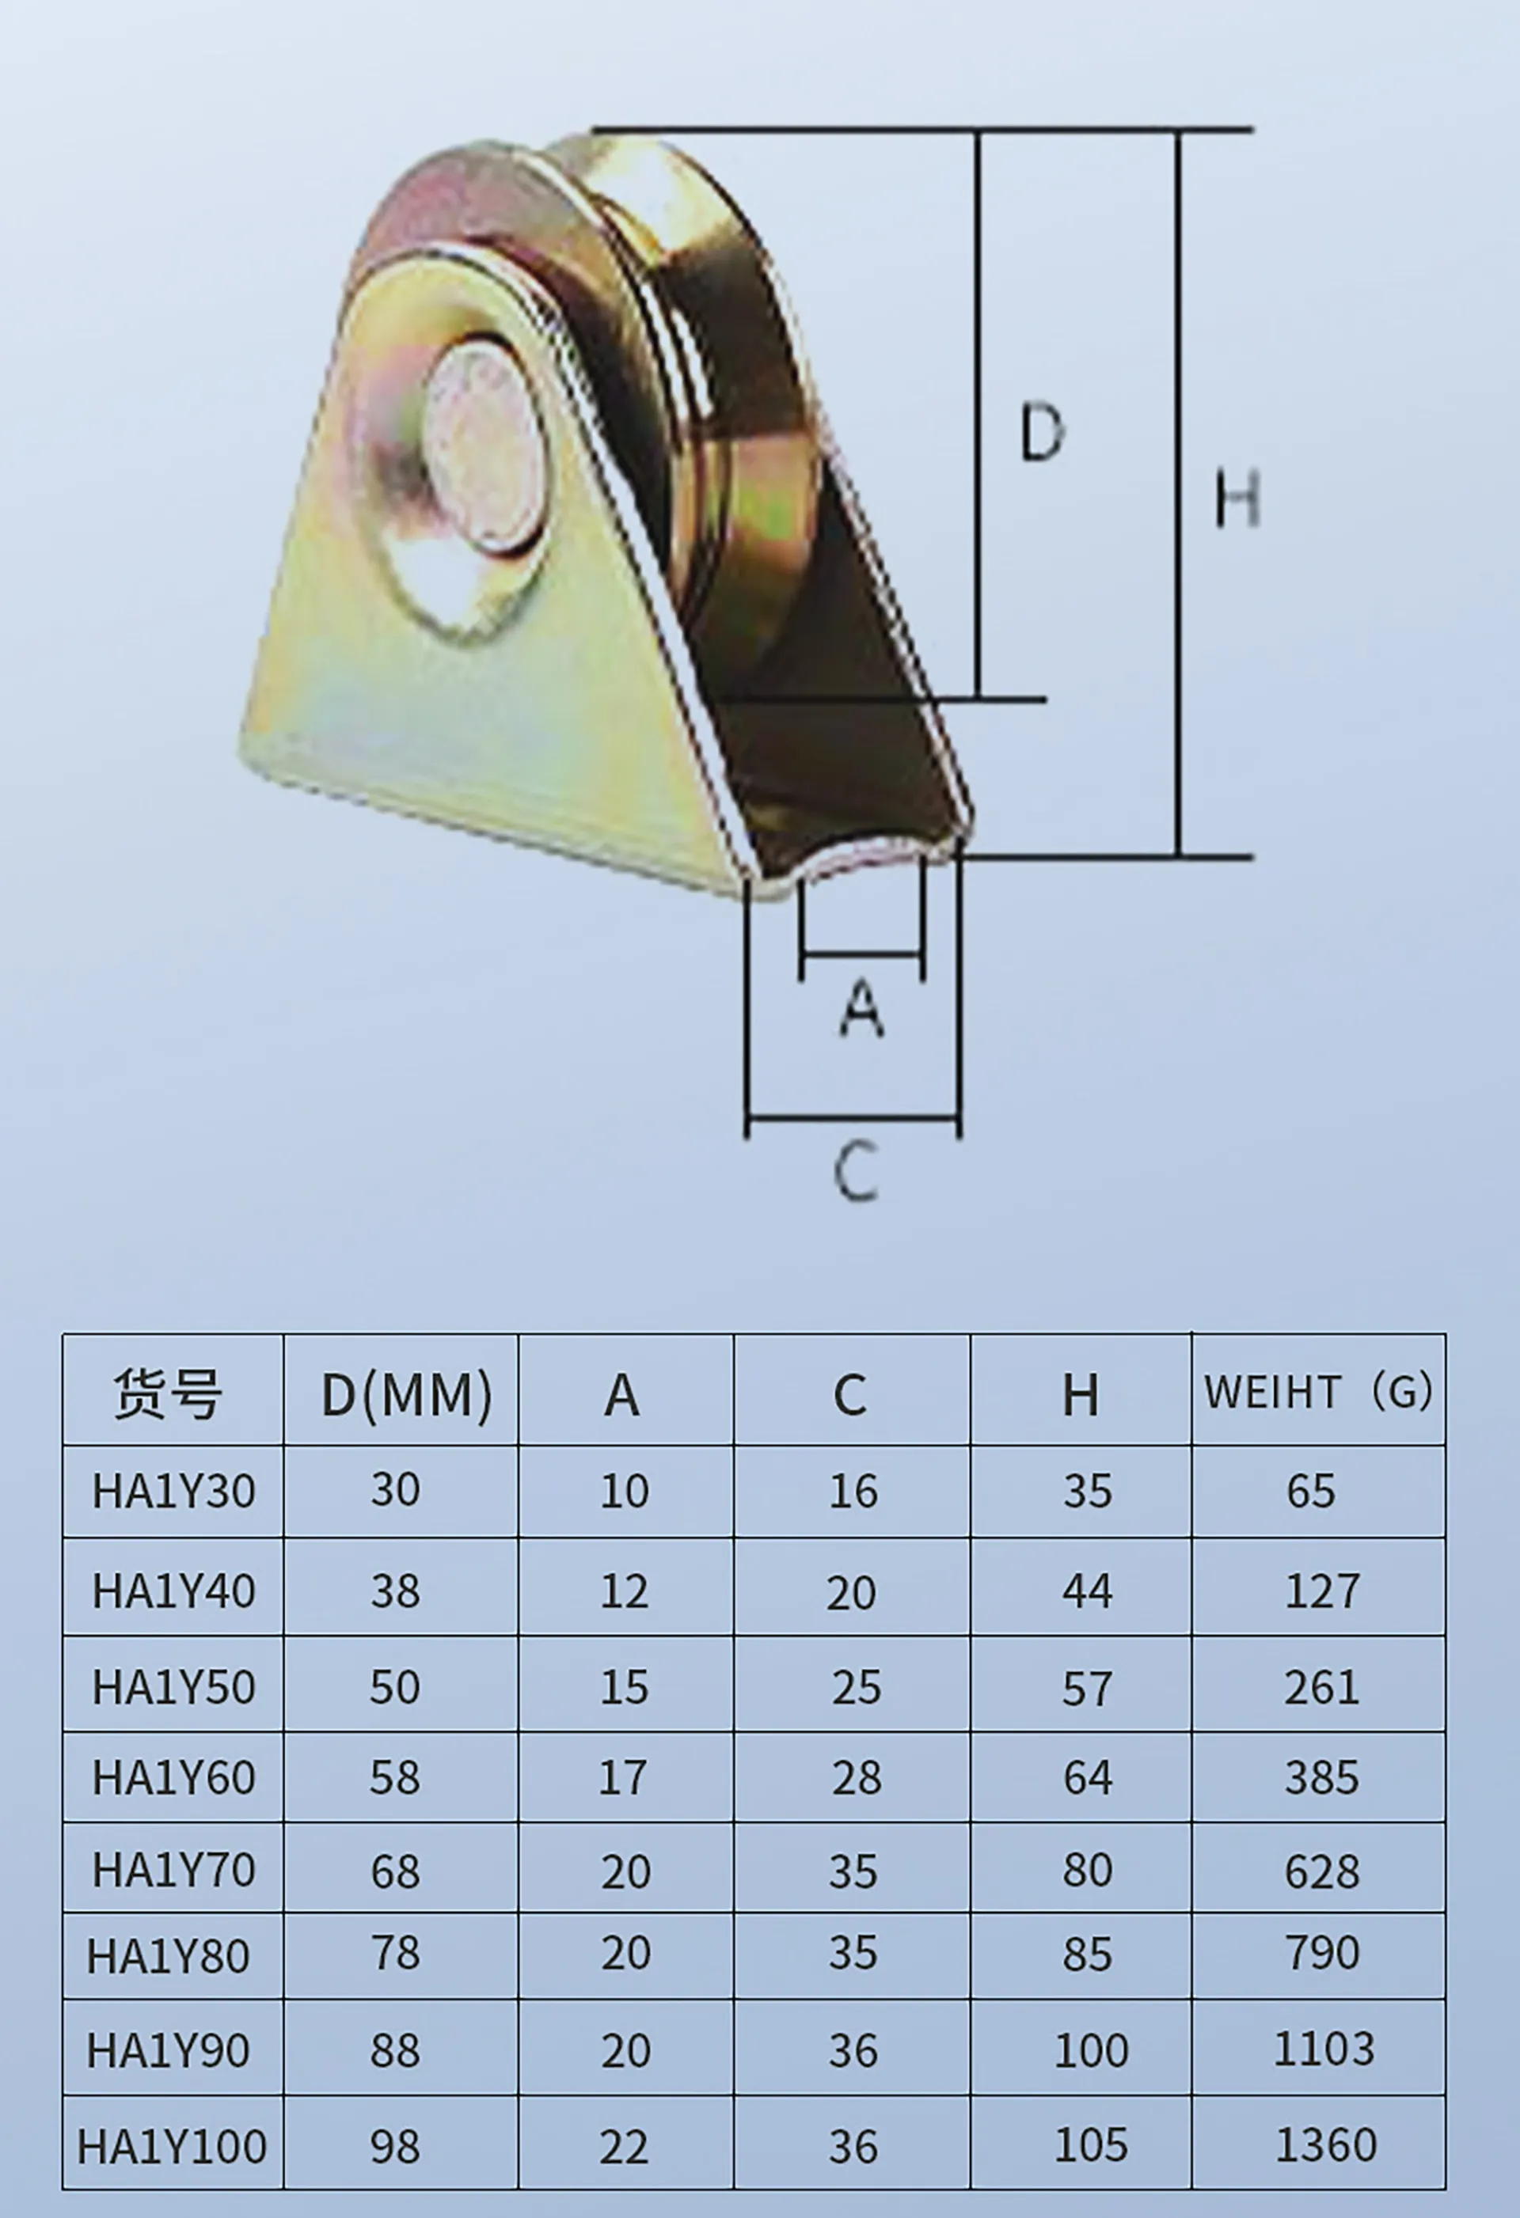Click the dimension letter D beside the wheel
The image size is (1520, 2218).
point(1042,432)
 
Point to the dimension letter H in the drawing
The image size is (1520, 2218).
point(1237,499)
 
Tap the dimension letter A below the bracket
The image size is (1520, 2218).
point(862,1010)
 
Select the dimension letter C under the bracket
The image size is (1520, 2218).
point(856,1171)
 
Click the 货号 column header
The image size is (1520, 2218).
point(169,1394)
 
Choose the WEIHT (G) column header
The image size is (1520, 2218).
point(1317,1393)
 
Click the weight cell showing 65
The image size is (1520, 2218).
point(1310,1491)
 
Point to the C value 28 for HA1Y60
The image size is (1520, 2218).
point(856,1778)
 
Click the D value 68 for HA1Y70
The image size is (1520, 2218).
point(395,1871)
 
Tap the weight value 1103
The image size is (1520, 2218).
point(1324,2048)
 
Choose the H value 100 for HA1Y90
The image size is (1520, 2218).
point(1091,2050)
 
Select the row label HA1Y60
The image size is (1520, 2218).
point(173,1778)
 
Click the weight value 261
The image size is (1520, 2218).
point(1321,1687)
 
